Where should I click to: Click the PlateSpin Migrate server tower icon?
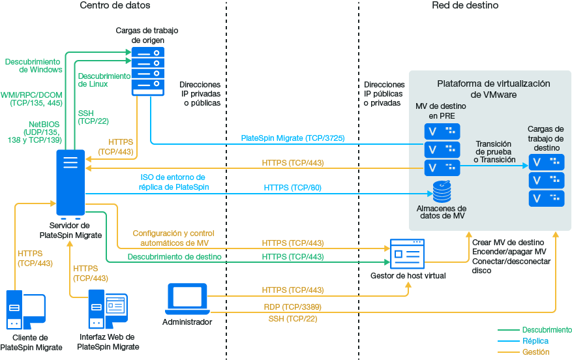click(70, 185)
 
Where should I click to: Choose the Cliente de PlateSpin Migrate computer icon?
click(25, 310)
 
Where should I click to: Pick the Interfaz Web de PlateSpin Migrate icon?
click(108, 310)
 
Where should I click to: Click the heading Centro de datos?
click(115, 6)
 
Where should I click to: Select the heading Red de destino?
click(465, 6)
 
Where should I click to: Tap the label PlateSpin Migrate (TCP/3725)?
click(293, 138)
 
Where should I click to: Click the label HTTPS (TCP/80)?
click(293, 188)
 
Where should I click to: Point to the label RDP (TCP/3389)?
click(293, 307)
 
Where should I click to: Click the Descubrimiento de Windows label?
click(33, 65)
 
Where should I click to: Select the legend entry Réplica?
click(535, 341)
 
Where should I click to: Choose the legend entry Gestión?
click(535, 352)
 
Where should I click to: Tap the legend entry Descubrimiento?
click(547, 330)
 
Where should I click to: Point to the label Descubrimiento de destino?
click(174, 257)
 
